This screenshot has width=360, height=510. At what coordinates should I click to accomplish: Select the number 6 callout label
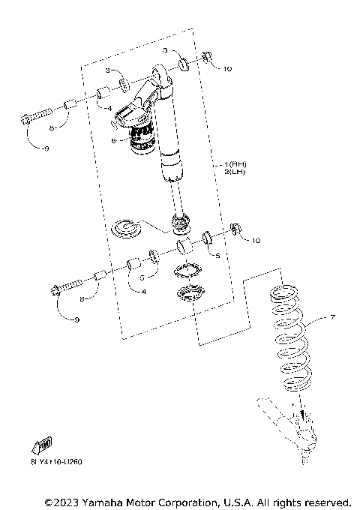(x=113, y=140)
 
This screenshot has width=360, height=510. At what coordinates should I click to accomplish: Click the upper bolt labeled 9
(x=38, y=116)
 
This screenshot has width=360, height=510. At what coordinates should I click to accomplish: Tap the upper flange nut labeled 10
(x=208, y=58)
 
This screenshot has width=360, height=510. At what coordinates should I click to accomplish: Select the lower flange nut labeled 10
(x=235, y=229)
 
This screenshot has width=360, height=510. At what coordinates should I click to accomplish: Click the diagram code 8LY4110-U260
(x=56, y=462)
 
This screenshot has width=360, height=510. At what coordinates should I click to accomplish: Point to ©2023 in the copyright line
(x=62, y=500)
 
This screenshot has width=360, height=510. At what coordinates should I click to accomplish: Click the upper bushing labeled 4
(x=103, y=94)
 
